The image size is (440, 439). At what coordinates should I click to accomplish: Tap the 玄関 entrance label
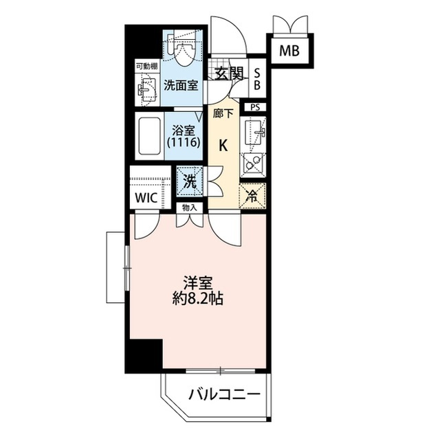coord(228,74)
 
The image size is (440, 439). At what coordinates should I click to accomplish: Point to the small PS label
coord(255,107)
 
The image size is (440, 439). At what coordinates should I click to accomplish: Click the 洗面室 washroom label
coord(181,86)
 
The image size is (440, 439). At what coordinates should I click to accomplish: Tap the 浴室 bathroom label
coord(182,128)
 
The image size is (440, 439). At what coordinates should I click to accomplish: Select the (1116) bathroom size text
coord(182,143)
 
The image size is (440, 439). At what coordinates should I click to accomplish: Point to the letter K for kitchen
coord(223,145)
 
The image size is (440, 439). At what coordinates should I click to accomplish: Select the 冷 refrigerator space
coord(251,194)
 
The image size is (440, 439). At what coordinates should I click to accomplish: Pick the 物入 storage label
coord(189,207)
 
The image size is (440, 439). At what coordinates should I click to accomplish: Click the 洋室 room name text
coord(196,283)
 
